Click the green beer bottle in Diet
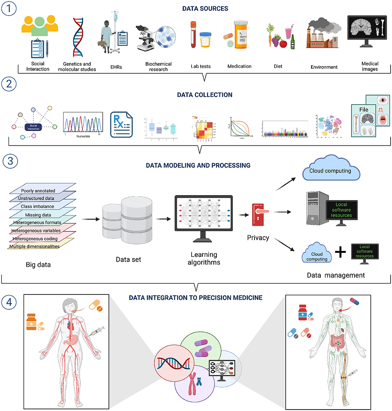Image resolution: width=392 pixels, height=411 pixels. point(293,43)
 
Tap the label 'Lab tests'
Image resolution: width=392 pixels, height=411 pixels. point(201,67)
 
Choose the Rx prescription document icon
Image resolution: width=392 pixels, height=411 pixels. point(121,124)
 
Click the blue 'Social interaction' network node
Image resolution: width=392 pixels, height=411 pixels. point(33,127)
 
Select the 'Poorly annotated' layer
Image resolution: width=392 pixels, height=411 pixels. point(38,191)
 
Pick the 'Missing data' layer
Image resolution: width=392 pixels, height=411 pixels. point(38,215)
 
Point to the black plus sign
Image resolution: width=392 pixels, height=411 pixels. point(340,252)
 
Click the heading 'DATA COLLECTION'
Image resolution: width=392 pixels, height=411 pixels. point(205,95)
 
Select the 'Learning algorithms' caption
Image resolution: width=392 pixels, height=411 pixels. point(204,258)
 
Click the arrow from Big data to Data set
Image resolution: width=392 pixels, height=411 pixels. point(89,219)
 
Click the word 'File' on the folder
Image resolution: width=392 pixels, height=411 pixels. point(363,110)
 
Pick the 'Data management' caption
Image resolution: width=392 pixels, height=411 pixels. point(336,275)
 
